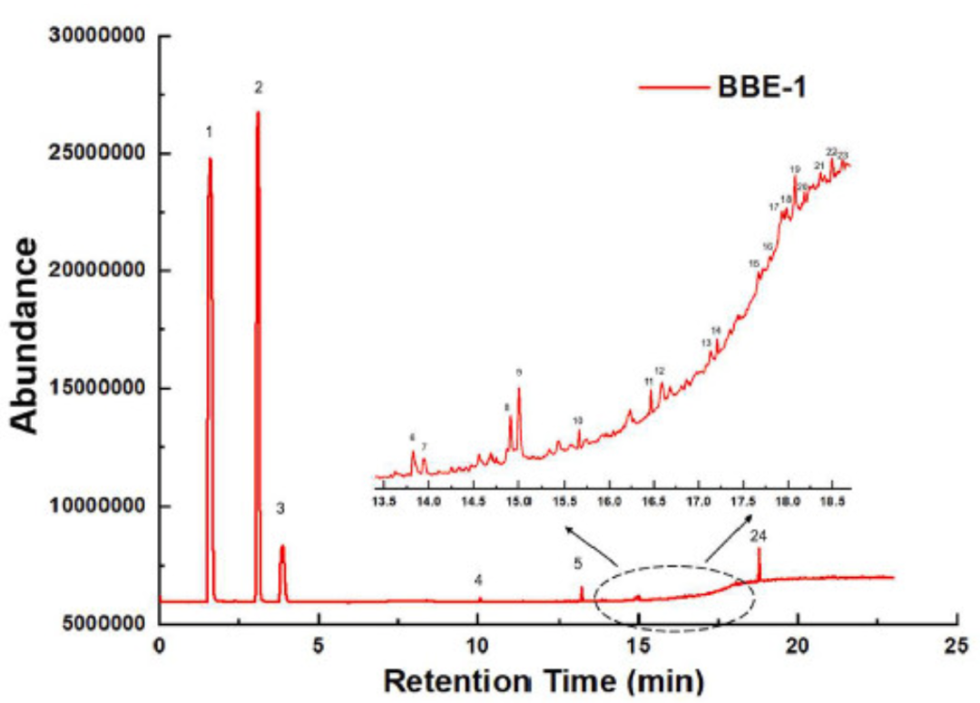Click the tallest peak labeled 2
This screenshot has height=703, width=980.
[x=258, y=114]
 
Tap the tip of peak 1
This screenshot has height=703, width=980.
[x=210, y=160]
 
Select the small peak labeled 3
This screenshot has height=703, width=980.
[x=282, y=547]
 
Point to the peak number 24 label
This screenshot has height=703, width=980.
[x=759, y=536]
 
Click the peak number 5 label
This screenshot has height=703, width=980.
[x=577, y=563]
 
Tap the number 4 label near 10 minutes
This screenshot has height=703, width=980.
[x=478, y=579]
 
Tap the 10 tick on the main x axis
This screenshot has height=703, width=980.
[x=478, y=645]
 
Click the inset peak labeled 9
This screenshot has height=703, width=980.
[x=519, y=390]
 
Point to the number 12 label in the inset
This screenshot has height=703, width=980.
[x=660, y=371]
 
